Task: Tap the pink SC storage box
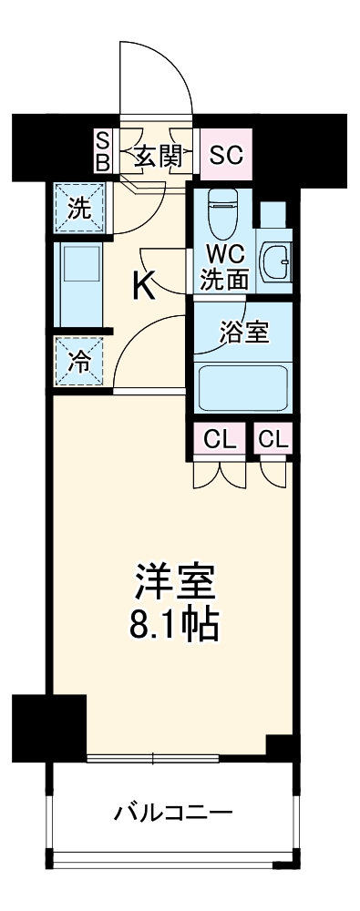pos(225,153)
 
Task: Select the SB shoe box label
pos(102,151)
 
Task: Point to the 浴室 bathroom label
pos(243,333)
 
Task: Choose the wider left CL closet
pos(220,440)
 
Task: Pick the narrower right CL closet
pos(273,440)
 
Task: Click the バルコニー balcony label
pos(173,812)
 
